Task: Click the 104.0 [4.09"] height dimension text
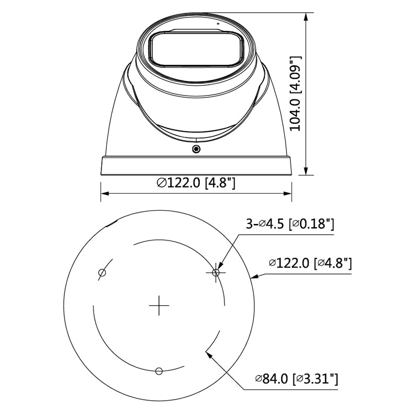(295, 94)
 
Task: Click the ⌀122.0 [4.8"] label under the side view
(196, 182)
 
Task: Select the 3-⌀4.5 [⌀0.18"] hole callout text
(290, 224)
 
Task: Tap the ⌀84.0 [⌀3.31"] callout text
(296, 379)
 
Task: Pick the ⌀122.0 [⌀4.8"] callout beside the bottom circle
(310, 263)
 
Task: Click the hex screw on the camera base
(196, 149)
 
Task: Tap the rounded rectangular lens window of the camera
(196, 49)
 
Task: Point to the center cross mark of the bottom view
(159, 305)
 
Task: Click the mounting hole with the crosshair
(216, 273)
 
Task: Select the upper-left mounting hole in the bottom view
(102, 273)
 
